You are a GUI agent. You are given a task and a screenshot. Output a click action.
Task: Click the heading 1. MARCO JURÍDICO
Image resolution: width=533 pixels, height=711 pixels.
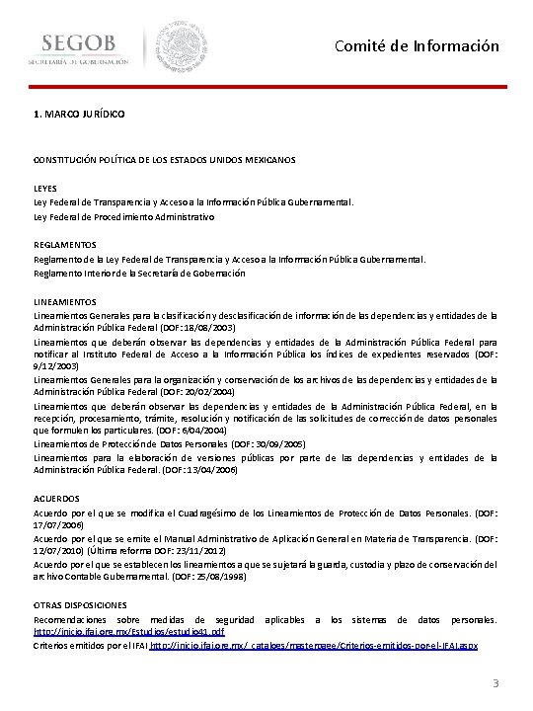pos(79,116)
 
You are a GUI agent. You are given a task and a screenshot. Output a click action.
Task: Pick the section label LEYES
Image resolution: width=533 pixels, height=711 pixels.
pos(45,187)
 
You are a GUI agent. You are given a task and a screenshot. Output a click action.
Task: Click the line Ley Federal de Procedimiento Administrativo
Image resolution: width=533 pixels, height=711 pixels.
pos(124,215)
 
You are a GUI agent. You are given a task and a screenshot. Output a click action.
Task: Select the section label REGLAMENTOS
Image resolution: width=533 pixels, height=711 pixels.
pos(65,244)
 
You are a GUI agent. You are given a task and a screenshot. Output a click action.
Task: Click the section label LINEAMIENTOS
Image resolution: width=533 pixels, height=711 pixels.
pos(65,301)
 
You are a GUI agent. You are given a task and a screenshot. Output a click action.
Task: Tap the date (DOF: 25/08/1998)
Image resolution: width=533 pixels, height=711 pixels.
pos(203,575)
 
